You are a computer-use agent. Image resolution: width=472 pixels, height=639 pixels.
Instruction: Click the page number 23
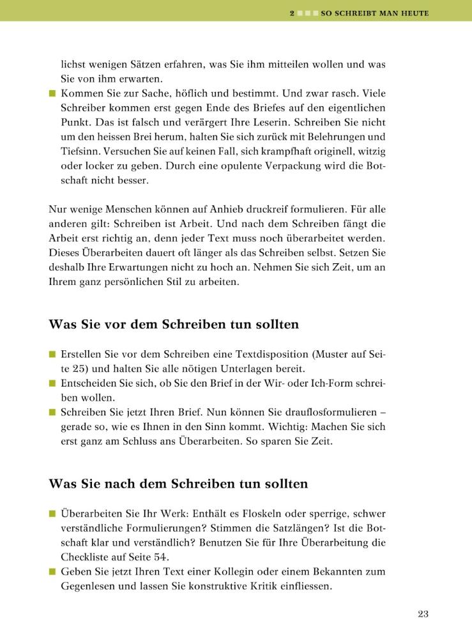click(423, 615)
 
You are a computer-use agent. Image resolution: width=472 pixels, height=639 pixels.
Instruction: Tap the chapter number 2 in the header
click(292, 12)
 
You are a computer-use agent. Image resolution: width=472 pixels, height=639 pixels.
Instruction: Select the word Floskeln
click(270, 513)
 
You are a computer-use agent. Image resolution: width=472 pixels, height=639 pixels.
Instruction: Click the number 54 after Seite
click(146, 557)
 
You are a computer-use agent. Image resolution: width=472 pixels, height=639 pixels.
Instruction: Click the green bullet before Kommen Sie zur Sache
click(53, 93)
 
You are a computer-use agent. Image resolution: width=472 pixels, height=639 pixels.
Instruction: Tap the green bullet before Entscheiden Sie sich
click(53, 383)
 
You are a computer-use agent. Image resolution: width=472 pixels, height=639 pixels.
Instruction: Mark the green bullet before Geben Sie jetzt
click(53, 571)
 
